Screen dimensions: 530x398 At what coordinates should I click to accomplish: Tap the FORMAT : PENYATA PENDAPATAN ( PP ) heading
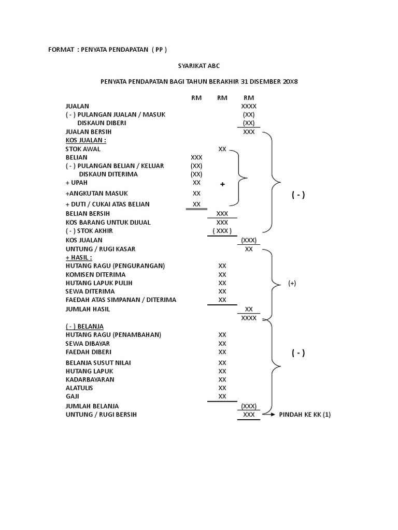point(107,49)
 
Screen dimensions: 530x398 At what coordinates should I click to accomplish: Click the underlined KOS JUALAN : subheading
point(86,140)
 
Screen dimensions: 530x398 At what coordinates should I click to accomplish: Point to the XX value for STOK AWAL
point(222,149)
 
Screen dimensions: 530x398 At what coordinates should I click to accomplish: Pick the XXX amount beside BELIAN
point(196,157)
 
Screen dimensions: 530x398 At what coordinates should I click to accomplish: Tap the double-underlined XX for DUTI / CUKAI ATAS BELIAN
point(196,204)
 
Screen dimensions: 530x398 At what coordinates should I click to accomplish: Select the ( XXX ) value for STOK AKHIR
point(222,231)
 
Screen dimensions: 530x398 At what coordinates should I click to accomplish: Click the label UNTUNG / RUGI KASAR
point(101,249)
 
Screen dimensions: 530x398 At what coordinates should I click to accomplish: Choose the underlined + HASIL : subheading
point(79,257)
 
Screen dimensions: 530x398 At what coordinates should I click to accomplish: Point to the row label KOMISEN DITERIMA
point(95,274)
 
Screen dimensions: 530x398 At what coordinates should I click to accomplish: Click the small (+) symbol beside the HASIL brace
point(292,284)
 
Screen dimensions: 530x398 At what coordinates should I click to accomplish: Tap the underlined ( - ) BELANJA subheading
point(84,326)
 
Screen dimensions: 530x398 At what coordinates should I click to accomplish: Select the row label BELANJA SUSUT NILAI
point(98,362)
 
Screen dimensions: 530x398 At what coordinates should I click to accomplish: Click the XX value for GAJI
point(222,396)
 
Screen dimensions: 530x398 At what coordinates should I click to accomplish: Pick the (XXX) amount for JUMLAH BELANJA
point(249,406)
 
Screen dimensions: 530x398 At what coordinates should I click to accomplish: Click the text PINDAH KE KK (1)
point(305,415)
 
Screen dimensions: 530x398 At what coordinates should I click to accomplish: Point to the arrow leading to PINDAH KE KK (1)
point(268,415)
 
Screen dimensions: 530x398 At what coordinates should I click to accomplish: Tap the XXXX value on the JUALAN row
point(249,106)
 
